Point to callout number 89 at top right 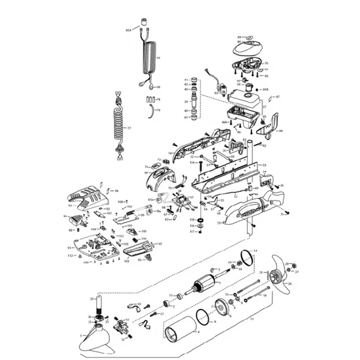point(239,37)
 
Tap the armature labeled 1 point(200,287)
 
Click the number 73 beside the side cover point(218,223)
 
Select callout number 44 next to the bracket point(281,130)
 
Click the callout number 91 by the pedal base point(70,247)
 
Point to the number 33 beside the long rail point(265,164)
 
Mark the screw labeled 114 point(193,163)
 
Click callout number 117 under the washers point(193,232)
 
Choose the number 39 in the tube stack point(186,102)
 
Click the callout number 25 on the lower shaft point(92,298)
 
